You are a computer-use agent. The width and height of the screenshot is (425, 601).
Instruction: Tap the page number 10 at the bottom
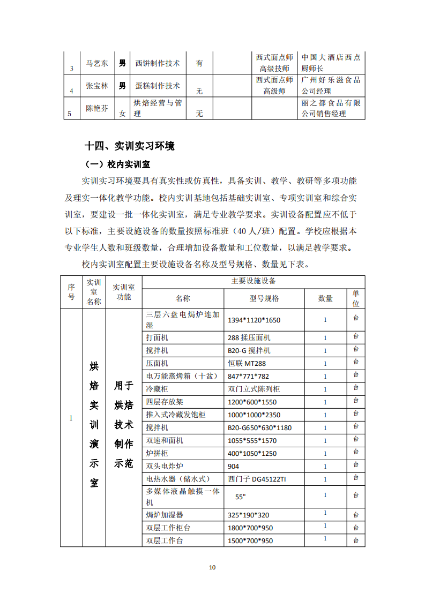pyautogui.click(x=212, y=567)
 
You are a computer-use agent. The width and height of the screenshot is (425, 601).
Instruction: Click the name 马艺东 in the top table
pyautogui.click(x=97, y=63)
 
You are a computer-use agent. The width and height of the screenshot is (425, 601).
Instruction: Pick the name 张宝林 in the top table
pyautogui.click(x=97, y=86)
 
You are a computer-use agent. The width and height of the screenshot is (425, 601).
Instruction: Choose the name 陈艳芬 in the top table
pyautogui.click(x=97, y=108)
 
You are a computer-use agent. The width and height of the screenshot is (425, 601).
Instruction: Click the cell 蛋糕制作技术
pyautogui.click(x=158, y=86)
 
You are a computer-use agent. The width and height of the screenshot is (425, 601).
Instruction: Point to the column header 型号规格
pyautogui.click(x=264, y=298)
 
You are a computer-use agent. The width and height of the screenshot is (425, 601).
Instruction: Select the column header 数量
pyautogui.click(x=325, y=298)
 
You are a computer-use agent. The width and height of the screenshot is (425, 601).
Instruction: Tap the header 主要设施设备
pyautogui.click(x=253, y=281)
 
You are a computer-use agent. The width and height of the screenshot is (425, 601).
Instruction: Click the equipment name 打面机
pyautogui.click(x=157, y=337)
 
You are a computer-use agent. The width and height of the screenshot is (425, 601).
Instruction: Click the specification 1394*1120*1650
pyautogui.click(x=254, y=320)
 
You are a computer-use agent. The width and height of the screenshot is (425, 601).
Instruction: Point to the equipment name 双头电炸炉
pyautogui.click(x=165, y=466)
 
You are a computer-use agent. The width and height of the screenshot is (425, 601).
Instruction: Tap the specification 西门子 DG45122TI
pyautogui.click(x=257, y=479)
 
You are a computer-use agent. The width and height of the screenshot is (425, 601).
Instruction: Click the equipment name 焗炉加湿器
pyautogui.click(x=165, y=515)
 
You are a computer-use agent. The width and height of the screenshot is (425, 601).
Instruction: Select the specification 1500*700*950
pyautogui.click(x=250, y=540)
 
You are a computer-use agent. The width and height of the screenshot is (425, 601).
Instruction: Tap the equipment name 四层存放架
pyautogui.click(x=165, y=402)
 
